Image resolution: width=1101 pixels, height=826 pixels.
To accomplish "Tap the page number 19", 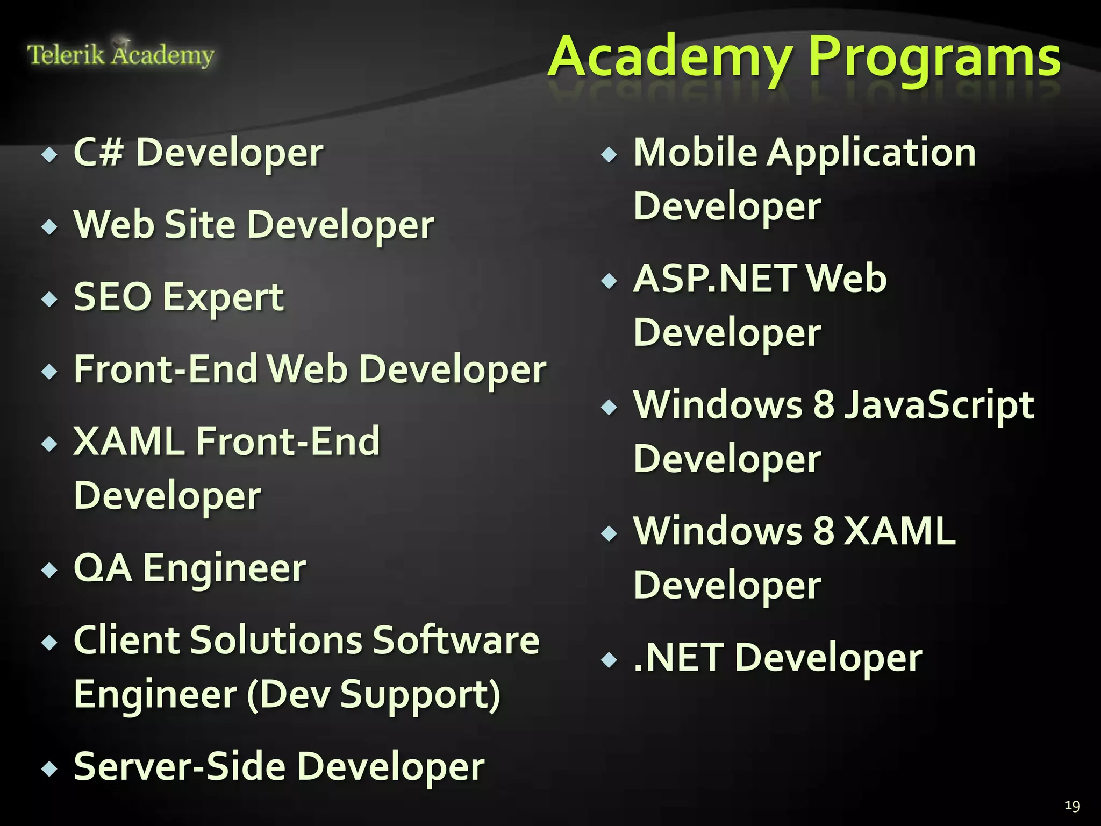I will (x=1072, y=805).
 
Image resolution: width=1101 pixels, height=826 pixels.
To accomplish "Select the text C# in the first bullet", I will (x=98, y=152).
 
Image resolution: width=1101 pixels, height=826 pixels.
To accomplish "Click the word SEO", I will (x=112, y=297).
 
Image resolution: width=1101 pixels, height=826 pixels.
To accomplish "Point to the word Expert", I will (x=223, y=298).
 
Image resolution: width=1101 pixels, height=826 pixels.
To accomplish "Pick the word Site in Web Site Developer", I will (x=200, y=224).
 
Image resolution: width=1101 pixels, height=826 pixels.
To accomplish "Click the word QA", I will (x=102, y=568).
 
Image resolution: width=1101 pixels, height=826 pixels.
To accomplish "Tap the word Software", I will (x=456, y=640).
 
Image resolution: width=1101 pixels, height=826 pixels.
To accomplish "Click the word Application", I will (x=871, y=153).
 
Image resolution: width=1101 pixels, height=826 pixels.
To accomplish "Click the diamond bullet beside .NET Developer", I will (x=609, y=659).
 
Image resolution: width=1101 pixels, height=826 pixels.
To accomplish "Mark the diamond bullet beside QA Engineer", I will (x=49, y=569).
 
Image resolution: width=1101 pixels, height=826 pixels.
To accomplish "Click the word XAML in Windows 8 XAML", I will (x=900, y=531).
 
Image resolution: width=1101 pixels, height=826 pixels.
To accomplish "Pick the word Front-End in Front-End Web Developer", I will (x=166, y=369).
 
